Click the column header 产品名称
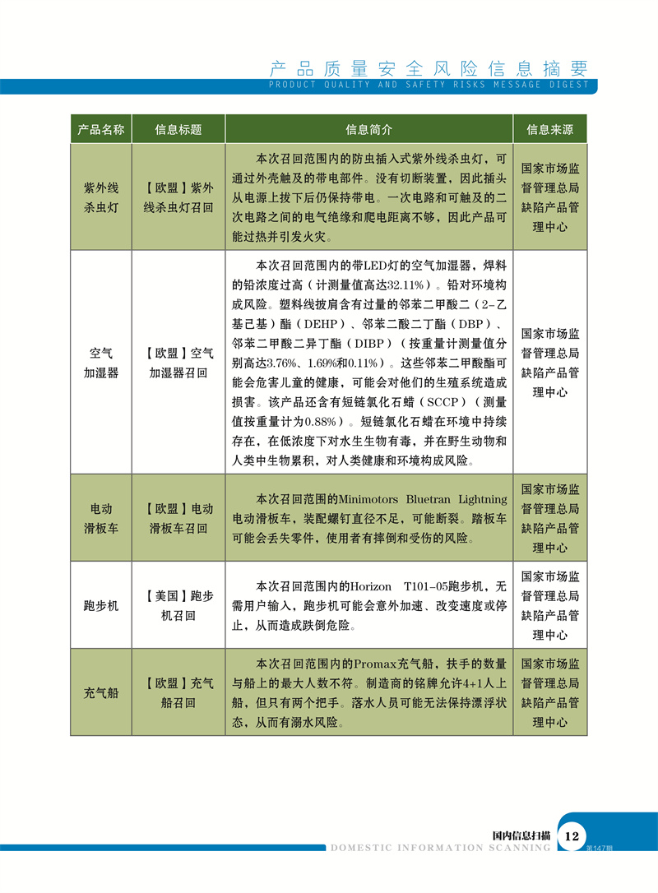click(x=100, y=130)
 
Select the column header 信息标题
click(x=178, y=130)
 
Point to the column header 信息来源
click(x=550, y=130)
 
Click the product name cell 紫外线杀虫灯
click(x=101, y=197)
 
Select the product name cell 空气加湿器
click(x=101, y=363)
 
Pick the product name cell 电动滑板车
click(x=101, y=518)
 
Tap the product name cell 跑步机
click(x=101, y=605)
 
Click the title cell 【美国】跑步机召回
click(x=178, y=605)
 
